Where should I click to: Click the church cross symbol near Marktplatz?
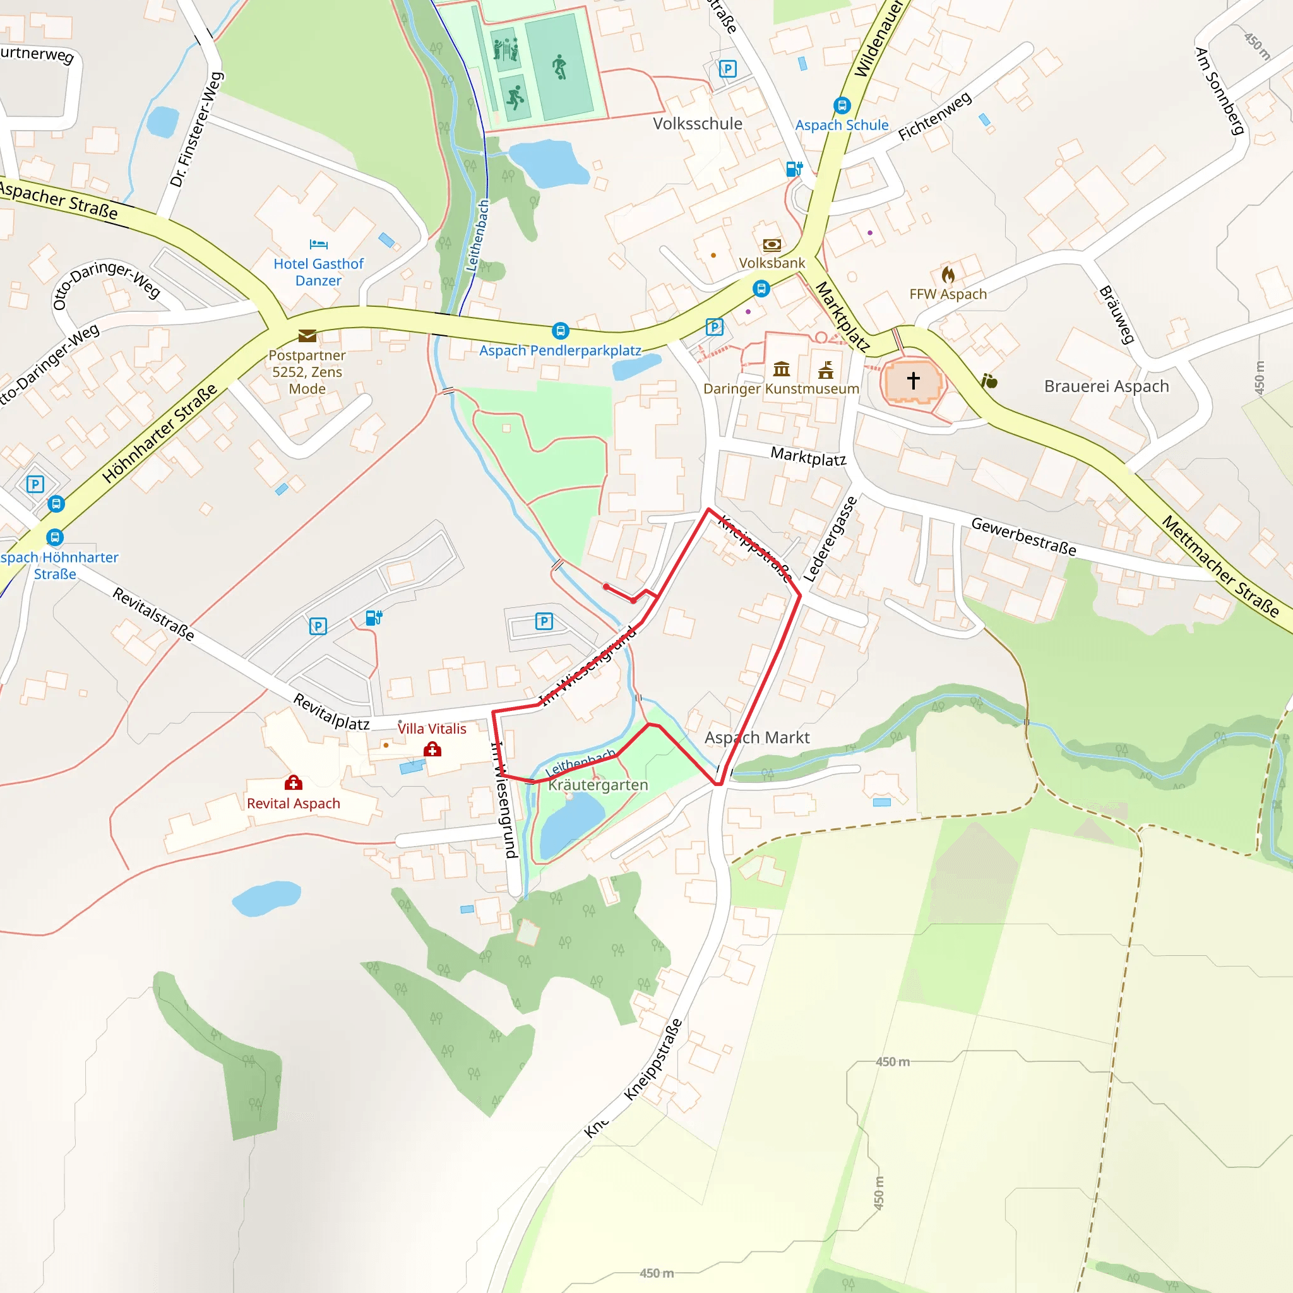click(x=913, y=380)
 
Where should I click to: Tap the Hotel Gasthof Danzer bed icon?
click(x=319, y=244)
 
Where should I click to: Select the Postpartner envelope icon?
click(x=307, y=335)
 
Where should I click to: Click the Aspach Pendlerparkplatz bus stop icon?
click(x=560, y=331)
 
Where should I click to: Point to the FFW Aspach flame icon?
click(x=948, y=275)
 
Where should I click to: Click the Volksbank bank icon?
click(x=772, y=245)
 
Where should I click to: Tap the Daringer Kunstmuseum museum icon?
click(x=781, y=369)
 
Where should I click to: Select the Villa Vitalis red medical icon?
click(x=432, y=749)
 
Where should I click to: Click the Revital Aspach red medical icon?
click(x=293, y=782)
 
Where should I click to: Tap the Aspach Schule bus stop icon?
click(x=842, y=105)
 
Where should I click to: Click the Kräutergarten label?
click(x=598, y=785)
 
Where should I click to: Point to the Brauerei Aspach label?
click(x=1106, y=386)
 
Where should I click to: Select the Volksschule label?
click(x=698, y=124)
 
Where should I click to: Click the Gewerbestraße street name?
click(x=1023, y=537)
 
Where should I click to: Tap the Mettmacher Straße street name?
click(x=1219, y=566)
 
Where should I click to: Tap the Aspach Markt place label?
click(x=757, y=737)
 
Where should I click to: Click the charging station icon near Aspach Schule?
click(x=794, y=169)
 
